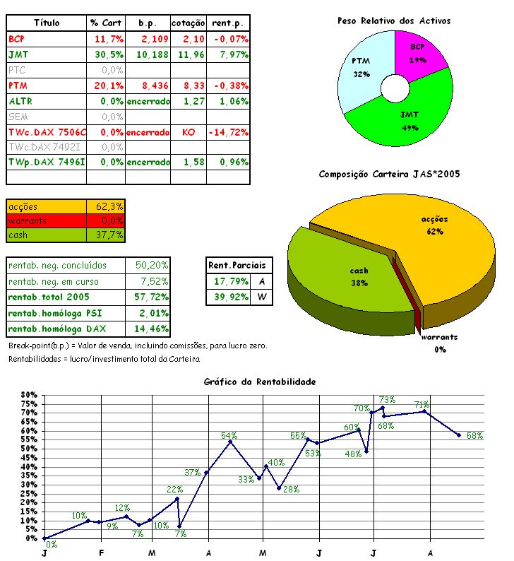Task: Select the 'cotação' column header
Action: pyautogui.click(x=189, y=23)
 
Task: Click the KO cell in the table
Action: pyautogui.click(x=189, y=132)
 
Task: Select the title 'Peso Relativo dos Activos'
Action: pyautogui.click(x=393, y=20)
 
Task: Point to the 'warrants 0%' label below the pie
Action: pyautogui.click(x=438, y=343)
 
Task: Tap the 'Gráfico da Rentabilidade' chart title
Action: pyautogui.click(x=259, y=382)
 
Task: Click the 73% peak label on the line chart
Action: pyautogui.click(x=386, y=400)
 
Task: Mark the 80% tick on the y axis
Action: pyautogui.click(x=29, y=395)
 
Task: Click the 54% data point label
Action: pyautogui.click(x=229, y=435)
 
